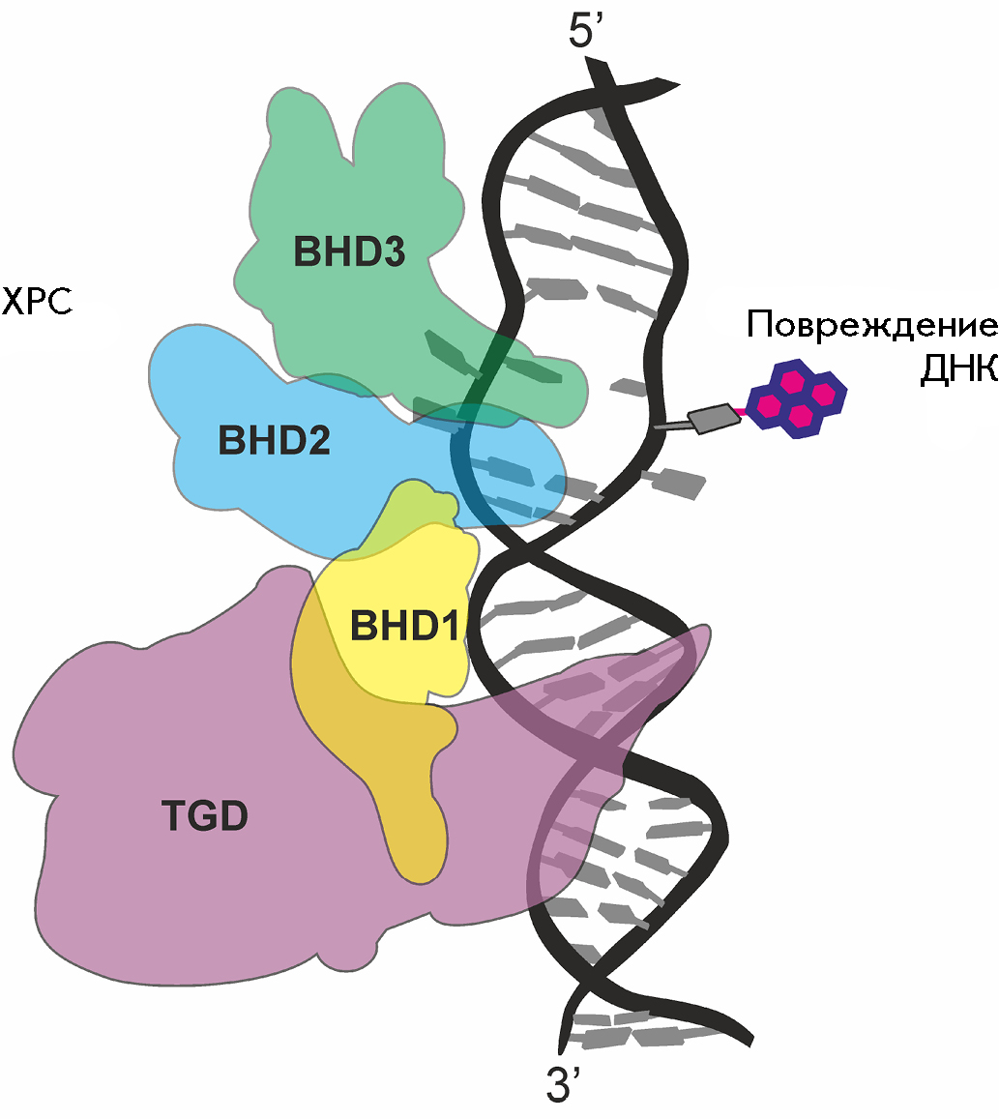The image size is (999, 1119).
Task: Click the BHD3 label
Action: tap(350, 251)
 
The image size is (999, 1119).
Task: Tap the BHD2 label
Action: tap(274, 440)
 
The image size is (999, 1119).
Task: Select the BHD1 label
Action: tap(404, 626)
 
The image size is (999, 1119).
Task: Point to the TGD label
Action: tap(205, 815)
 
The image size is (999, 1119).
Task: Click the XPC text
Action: tap(37, 301)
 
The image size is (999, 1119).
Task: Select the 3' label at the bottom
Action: tap(562, 1085)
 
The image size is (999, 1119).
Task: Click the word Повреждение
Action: tap(872, 325)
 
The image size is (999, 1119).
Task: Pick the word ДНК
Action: tap(958, 369)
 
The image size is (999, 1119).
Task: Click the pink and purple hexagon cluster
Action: tap(797, 398)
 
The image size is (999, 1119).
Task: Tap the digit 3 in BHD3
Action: tap(394, 251)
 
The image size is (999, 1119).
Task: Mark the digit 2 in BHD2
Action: tap(318, 440)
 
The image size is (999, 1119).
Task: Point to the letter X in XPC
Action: tap(13, 301)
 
